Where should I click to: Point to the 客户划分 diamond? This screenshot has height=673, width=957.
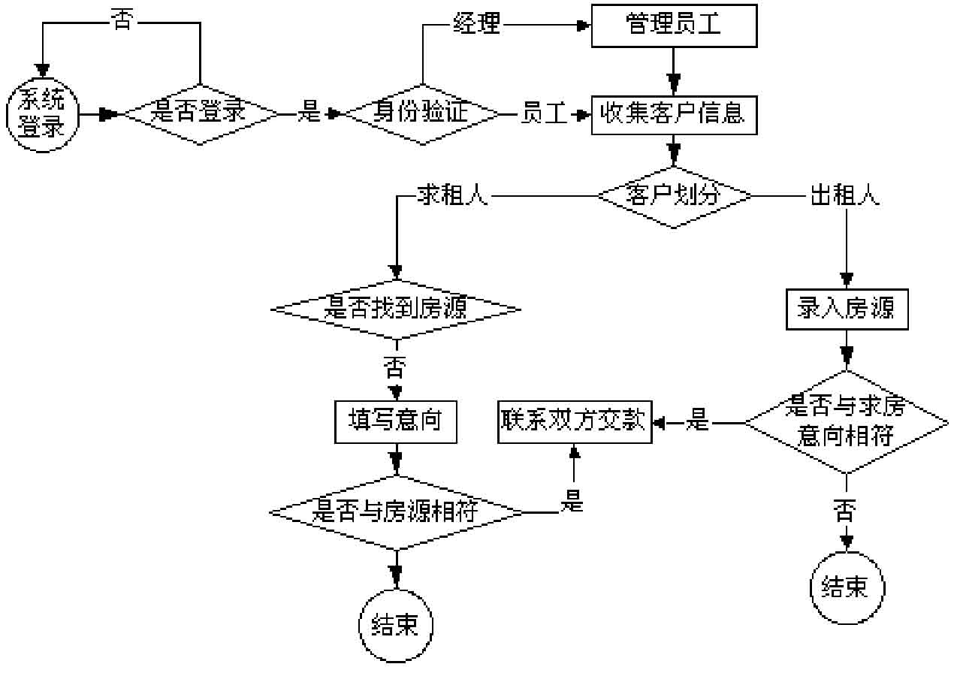click(x=674, y=196)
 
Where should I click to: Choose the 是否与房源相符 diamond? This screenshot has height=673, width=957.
click(x=396, y=513)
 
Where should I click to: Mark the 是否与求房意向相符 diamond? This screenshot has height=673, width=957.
click(x=847, y=422)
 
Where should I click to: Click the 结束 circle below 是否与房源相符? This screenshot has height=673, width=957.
click(x=396, y=626)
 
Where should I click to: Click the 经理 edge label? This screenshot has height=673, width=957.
click(x=476, y=25)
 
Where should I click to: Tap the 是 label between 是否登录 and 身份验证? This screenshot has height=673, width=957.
click(x=309, y=114)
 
